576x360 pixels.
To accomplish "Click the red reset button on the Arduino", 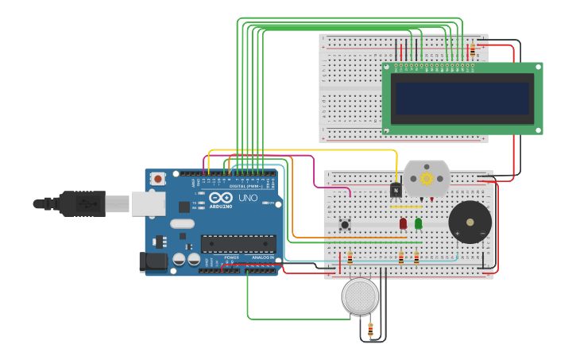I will (x=158, y=179).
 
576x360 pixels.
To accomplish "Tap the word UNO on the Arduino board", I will (x=249, y=197).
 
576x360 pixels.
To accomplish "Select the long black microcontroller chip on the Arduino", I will (x=238, y=243).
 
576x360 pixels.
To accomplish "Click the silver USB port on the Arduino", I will (x=149, y=203).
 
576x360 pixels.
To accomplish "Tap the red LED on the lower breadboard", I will (x=403, y=223).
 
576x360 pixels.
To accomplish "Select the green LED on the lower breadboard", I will (x=418, y=223).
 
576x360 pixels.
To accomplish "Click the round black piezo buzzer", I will (x=470, y=222).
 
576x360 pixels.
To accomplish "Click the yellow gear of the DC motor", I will (x=427, y=179).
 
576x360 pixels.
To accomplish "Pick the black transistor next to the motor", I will (x=396, y=191).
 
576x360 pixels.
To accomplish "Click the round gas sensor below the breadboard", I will (x=360, y=296).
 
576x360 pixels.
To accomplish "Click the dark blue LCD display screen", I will (x=462, y=99).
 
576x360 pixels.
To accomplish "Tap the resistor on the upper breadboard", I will (x=472, y=49).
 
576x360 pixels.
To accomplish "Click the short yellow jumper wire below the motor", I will (x=405, y=207).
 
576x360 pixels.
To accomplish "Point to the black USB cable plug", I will (x=83, y=203).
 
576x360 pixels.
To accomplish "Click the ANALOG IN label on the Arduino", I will (x=262, y=257).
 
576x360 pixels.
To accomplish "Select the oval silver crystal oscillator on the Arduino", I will (x=182, y=223).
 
